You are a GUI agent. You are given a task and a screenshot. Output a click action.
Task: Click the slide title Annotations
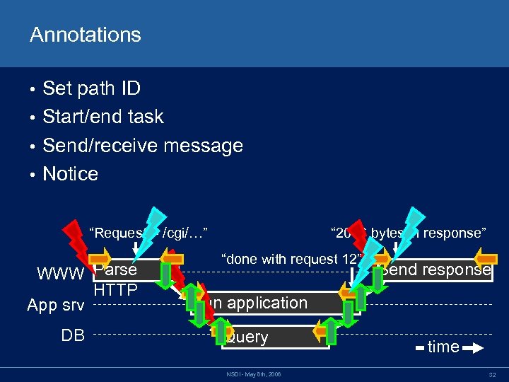[x=85, y=35]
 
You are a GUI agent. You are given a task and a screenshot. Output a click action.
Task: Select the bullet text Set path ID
[x=91, y=88]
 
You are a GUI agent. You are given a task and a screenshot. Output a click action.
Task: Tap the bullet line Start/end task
[x=103, y=117]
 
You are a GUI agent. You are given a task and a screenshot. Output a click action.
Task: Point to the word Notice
[x=71, y=174]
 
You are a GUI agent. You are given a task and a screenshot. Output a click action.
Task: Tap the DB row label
[x=73, y=335]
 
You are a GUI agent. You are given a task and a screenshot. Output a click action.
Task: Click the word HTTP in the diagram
[x=115, y=289]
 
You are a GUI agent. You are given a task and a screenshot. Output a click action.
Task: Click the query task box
[x=276, y=337]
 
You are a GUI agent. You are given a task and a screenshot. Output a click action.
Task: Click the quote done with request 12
[x=291, y=259]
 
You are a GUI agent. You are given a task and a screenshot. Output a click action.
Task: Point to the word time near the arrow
[x=443, y=347]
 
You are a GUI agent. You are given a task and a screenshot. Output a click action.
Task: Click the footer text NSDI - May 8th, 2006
[x=255, y=374]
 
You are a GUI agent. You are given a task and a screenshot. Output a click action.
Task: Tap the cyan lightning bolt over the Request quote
[x=151, y=228]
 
